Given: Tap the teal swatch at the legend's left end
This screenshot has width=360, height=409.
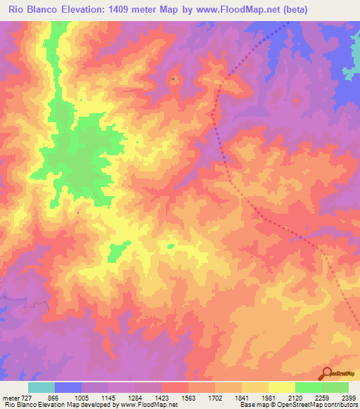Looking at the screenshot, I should point(41,387).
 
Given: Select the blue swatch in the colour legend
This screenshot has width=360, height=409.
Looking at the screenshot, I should point(68,387).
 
